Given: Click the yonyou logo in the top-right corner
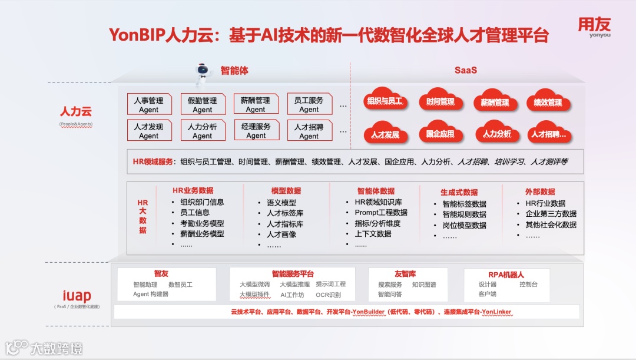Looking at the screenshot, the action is tap(594, 27).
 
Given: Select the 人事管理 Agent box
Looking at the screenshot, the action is tap(149, 104).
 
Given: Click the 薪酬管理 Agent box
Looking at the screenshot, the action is tap(256, 104).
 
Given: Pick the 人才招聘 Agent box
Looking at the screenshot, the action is tap(309, 131).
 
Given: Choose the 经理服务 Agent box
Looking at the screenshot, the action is tap(256, 131).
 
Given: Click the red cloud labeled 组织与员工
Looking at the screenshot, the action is tap(385, 101).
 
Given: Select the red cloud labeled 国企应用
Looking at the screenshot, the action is tap(440, 134).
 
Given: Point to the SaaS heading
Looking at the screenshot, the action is tap(465, 70).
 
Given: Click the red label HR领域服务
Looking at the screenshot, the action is tap(153, 161).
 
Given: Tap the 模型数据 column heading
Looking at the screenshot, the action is tap(286, 191).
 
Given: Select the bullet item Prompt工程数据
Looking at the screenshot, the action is tap(380, 213).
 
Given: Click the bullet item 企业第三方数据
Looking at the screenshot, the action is tap(551, 214).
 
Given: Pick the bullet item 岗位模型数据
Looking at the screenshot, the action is tap(464, 225).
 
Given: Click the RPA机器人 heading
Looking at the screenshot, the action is tap(506, 274).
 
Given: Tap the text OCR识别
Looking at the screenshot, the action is tap(328, 295).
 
